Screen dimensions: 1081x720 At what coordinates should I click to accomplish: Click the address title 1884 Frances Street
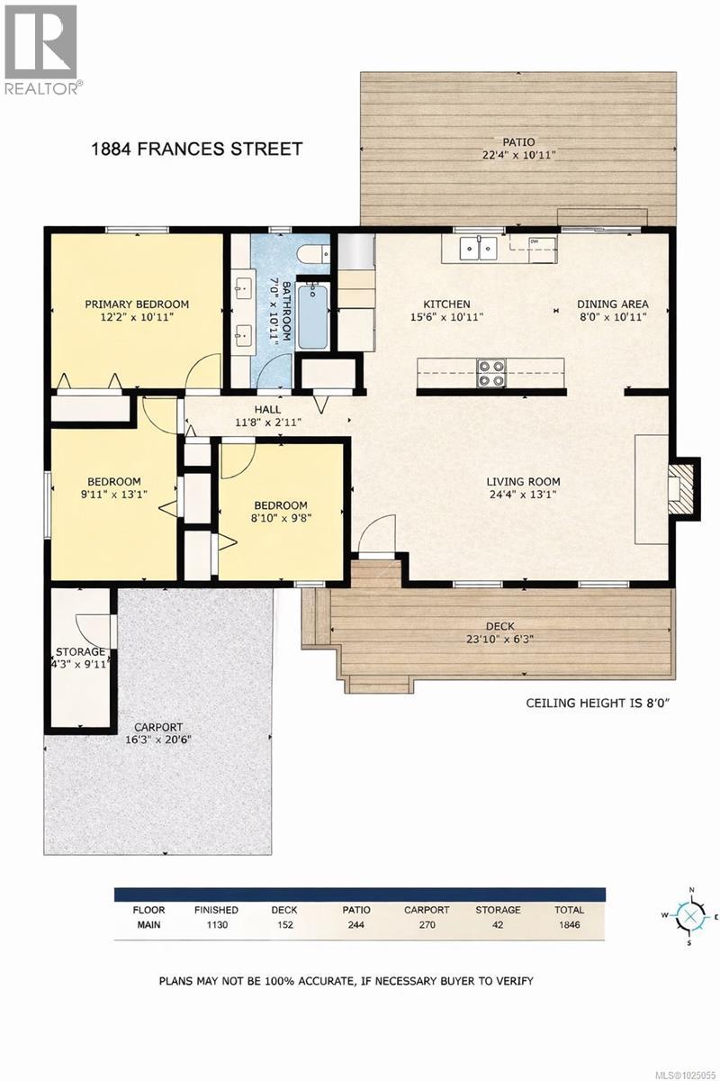coord(197,149)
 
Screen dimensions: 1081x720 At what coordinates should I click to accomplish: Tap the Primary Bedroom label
coord(137,304)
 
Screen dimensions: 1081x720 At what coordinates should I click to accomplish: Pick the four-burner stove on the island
coord(491,373)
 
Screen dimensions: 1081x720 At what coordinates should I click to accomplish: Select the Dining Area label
coord(612,304)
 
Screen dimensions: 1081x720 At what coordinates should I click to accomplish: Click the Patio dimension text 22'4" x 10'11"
coord(518,155)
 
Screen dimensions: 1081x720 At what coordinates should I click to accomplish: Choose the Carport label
coord(159,727)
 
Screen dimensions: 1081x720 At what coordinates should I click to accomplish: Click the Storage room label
coord(81,652)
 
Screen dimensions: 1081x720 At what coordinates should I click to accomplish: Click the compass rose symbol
coord(690,917)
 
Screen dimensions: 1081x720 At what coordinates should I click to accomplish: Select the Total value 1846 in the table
coord(569,924)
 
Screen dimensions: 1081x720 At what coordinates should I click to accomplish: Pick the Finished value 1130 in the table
coord(216,924)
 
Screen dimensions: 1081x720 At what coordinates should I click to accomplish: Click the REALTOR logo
coord(41,48)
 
